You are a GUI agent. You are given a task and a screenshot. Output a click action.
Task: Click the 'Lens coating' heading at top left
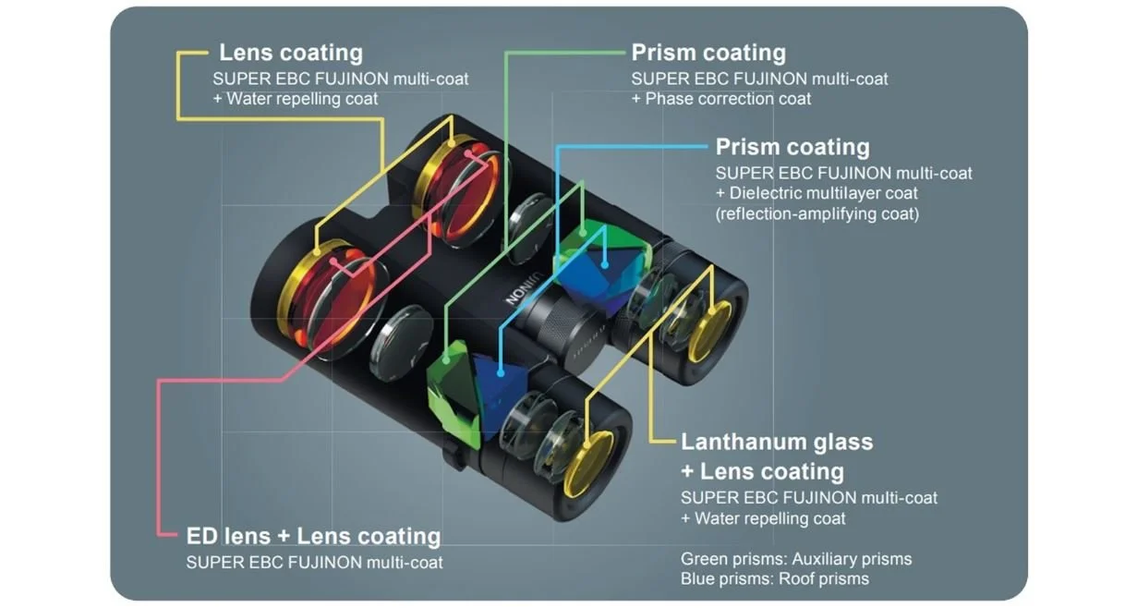click(x=290, y=53)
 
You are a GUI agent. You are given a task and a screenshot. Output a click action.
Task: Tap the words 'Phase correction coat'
click(x=728, y=99)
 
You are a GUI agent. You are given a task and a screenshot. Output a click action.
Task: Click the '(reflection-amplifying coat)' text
click(x=817, y=213)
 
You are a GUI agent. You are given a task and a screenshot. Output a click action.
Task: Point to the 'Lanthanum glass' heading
click(x=776, y=442)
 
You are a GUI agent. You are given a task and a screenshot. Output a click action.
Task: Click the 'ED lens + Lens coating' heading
click(x=313, y=536)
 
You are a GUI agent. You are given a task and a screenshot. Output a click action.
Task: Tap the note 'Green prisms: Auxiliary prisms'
click(x=795, y=559)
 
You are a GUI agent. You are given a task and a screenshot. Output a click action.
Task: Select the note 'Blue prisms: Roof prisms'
click(x=774, y=579)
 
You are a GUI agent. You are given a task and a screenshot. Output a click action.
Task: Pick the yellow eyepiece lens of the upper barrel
click(x=710, y=330)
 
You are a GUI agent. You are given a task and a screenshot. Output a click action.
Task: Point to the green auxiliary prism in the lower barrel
click(x=454, y=393)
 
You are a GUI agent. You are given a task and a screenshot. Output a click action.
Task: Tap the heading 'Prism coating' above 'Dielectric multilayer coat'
click(x=792, y=147)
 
